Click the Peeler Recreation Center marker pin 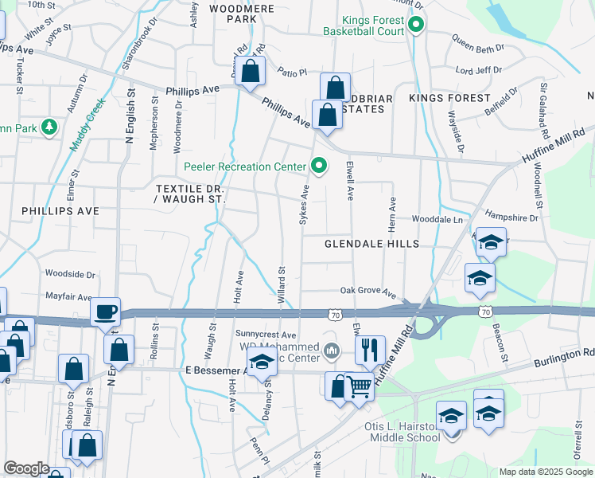click(320, 166)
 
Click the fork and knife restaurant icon click(369, 349)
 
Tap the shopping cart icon click(360, 387)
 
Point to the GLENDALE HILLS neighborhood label click(371, 244)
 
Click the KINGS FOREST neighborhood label click(449, 98)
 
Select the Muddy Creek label click(87, 124)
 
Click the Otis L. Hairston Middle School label click(402, 432)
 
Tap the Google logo click(26, 468)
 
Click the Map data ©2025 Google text click(545, 472)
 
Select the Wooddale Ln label click(437, 219)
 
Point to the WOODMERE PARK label click(242, 14)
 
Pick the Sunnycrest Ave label click(266, 335)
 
